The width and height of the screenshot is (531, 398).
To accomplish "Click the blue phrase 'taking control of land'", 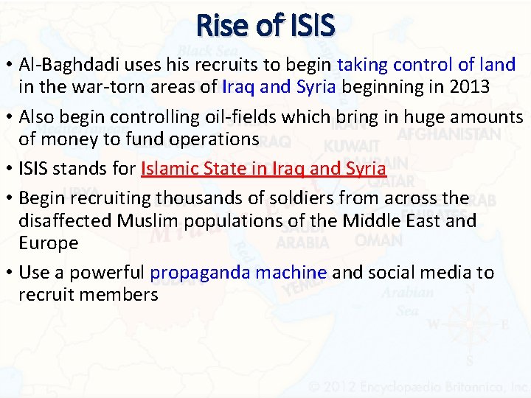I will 426,65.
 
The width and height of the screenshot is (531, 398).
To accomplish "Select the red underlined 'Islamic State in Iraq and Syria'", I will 263,169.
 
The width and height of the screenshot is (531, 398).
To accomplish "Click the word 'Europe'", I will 48,242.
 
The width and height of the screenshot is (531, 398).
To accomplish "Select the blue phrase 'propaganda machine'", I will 238,273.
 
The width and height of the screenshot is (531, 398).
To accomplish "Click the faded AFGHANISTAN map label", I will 448,135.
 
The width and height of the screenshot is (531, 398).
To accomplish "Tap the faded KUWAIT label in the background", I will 351,146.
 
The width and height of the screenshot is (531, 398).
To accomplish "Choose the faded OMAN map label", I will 378,240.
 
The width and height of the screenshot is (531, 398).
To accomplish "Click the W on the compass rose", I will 434,325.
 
